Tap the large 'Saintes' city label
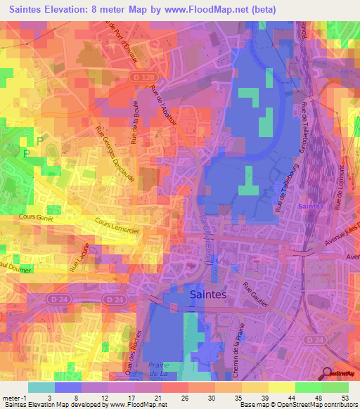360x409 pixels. pos(208,295)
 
